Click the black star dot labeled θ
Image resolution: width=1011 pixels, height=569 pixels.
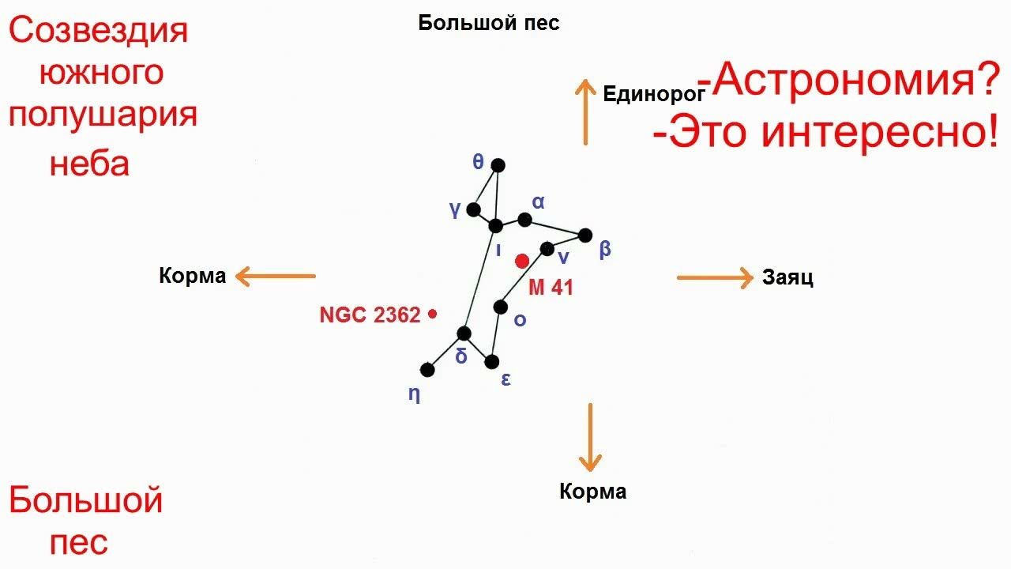[498, 165]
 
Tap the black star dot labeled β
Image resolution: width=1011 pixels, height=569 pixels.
[585, 235]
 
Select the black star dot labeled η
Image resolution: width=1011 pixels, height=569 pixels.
[428, 369]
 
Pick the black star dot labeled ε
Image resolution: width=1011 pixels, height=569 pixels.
[491, 362]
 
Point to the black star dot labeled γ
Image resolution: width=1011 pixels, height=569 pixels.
[474, 209]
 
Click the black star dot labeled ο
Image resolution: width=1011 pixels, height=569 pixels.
[500, 307]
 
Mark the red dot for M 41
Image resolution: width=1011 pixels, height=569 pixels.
[522, 261]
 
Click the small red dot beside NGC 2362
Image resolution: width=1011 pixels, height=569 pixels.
[432, 315]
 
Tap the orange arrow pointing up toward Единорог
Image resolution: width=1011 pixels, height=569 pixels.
[585, 111]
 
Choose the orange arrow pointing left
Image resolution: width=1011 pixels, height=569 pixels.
[276, 277]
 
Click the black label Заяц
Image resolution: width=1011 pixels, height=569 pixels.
[787, 278]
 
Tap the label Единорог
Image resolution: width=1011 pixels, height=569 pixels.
[653, 95]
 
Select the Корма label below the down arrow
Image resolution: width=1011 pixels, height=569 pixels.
[592, 492]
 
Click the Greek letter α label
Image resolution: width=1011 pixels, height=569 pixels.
[539, 202]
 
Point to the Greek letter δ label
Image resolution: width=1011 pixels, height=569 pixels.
[461, 356]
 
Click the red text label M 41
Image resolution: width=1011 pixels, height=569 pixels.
[551, 288]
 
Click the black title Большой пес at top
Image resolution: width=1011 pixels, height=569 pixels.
[489, 23]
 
